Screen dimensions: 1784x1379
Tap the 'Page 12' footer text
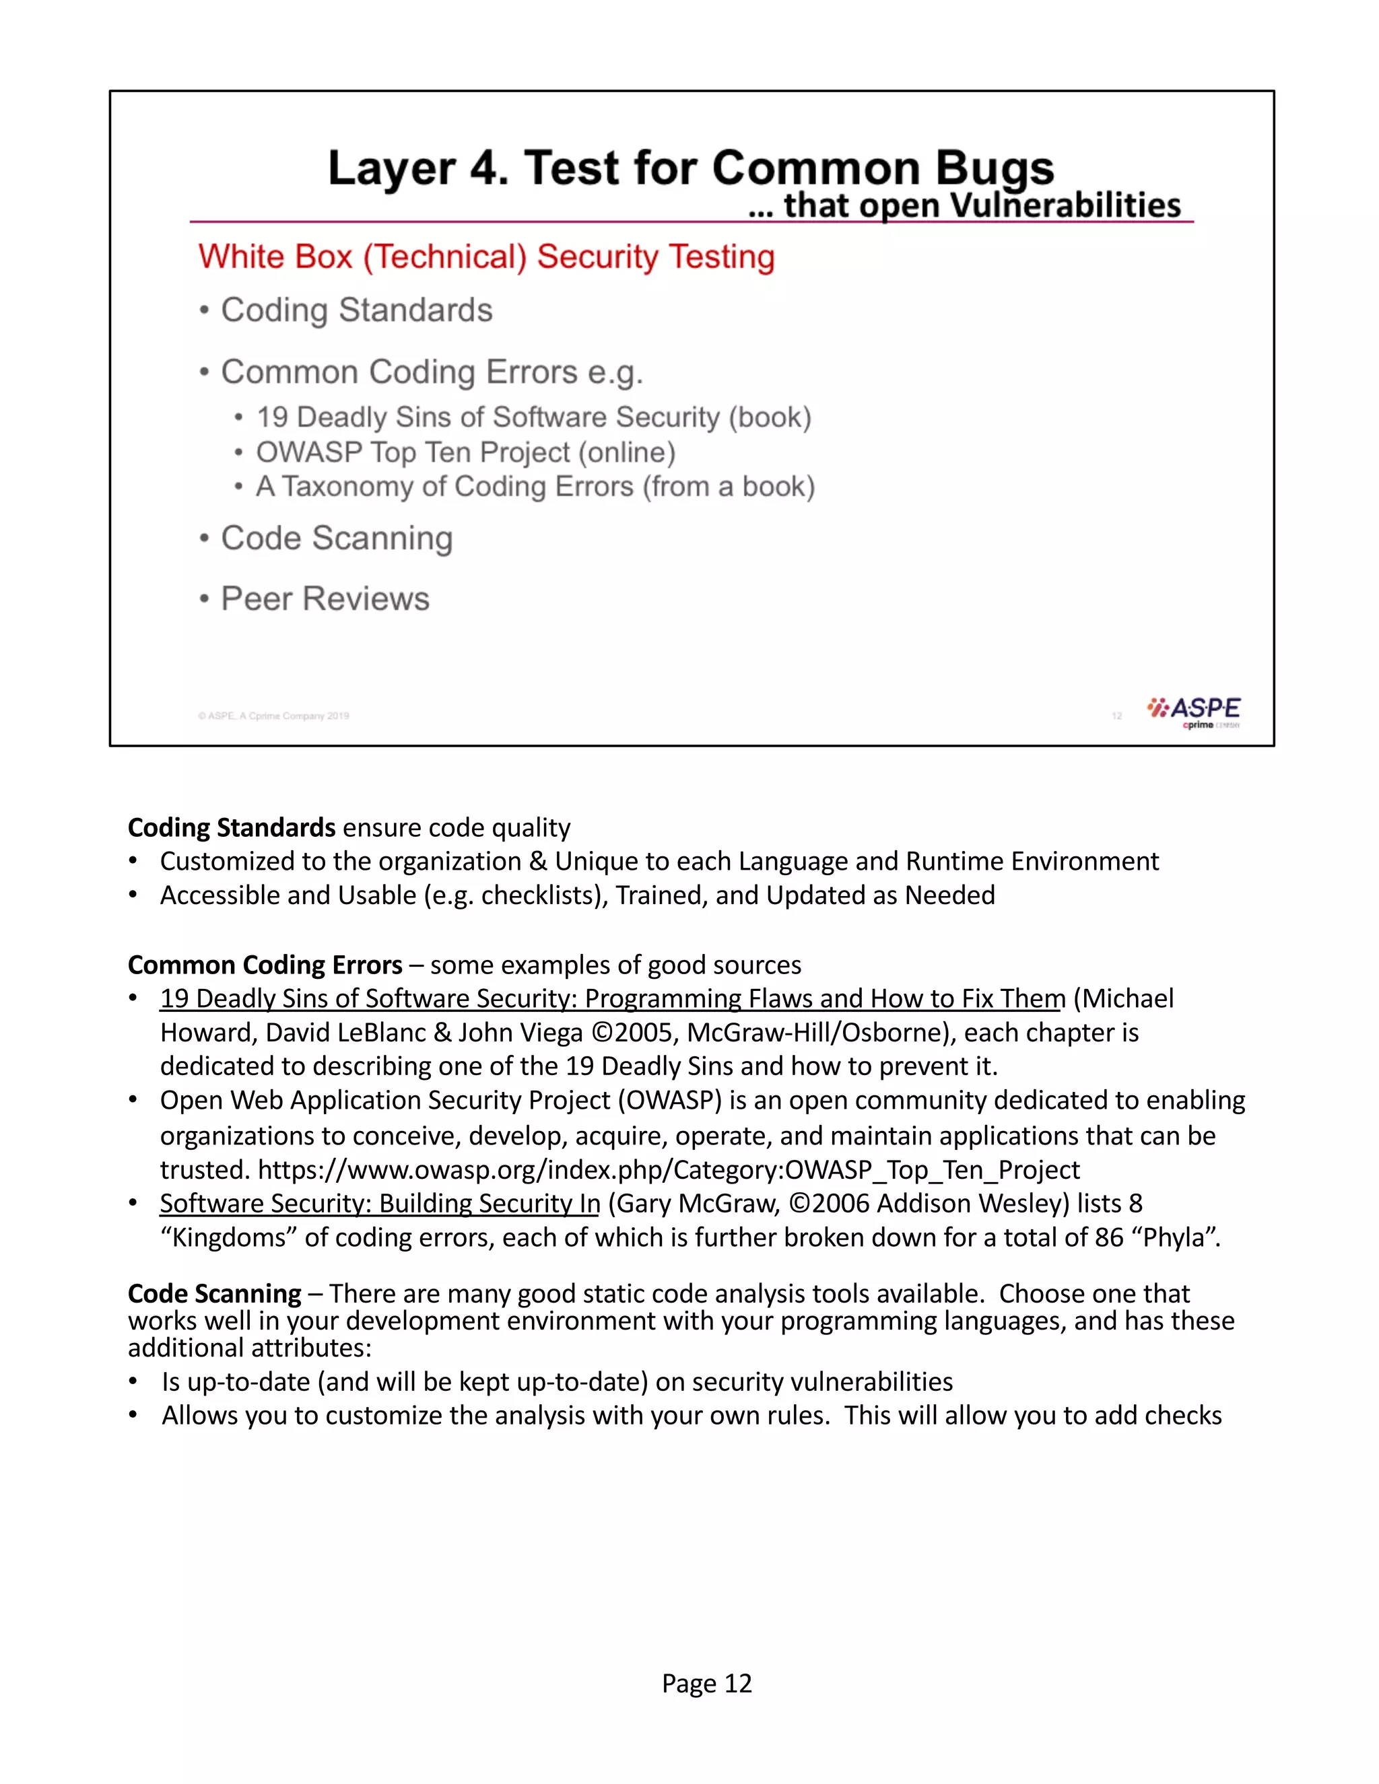point(706,1684)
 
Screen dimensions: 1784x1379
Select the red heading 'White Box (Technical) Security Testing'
point(486,256)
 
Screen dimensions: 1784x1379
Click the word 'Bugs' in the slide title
point(995,168)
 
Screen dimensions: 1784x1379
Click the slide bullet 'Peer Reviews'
point(325,598)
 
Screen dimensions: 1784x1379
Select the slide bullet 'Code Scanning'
point(337,539)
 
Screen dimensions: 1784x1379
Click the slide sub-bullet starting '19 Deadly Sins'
point(533,417)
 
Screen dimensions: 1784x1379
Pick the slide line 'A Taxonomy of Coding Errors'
point(535,487)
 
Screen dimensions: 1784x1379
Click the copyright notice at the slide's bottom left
point(273,716)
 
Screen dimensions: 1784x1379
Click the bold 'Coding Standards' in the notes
point(231,827)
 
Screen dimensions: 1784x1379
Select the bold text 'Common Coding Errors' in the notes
point(265,965)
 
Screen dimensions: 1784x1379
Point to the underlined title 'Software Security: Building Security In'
point(380,1203)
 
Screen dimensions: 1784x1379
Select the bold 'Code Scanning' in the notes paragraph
point(215,1294)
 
